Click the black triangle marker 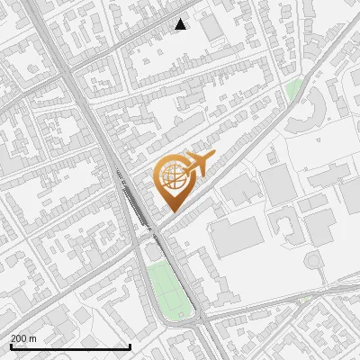(x=181, y=24)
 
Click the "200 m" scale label (x=23, y=337)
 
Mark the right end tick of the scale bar (x=130, y=346)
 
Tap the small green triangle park (x=293, y=90)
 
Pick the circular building (x=314, y=261)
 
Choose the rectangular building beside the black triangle (x=212, y=29)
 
